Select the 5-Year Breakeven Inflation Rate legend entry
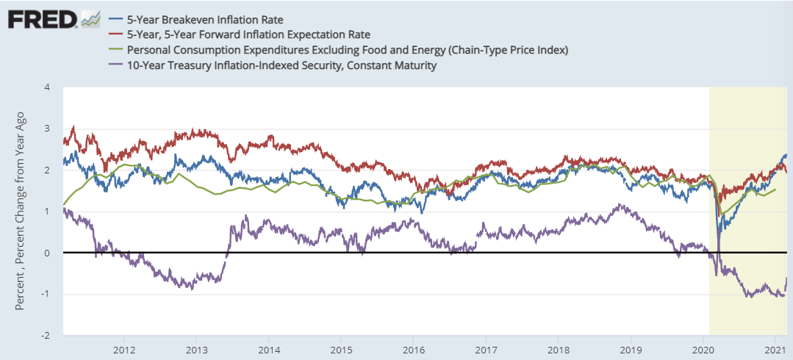[194, 18]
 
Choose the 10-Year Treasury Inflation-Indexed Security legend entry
[282, 65]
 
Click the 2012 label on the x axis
[124, 348]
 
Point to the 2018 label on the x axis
[559, 348]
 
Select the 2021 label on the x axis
[775, 348]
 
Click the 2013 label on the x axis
[196, 348]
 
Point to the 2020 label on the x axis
[703, 348]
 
